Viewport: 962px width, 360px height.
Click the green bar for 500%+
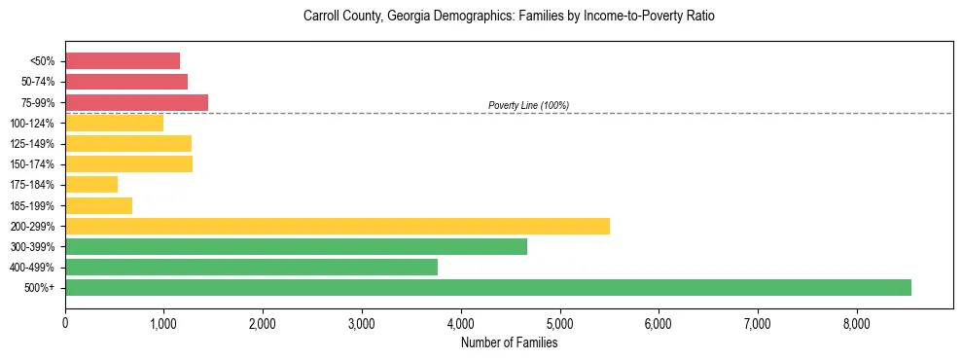(487, 287)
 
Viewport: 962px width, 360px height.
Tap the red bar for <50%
(123, 61)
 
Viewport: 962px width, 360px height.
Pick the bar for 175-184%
(91, 184)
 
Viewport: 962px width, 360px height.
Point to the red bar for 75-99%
(136, 102)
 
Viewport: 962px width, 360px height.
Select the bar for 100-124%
(114, 123)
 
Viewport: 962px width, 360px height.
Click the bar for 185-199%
(98, 205)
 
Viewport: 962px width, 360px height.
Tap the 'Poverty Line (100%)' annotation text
(528, 105)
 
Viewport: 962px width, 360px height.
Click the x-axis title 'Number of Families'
(509, 342)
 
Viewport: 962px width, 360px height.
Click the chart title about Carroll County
(509, 17)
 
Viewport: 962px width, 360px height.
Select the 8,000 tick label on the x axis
(856, 322)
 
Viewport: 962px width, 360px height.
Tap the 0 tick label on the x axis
(65, 322)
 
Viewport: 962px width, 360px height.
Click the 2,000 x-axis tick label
(263, 322)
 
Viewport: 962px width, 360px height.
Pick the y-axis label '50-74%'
(39, 82)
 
